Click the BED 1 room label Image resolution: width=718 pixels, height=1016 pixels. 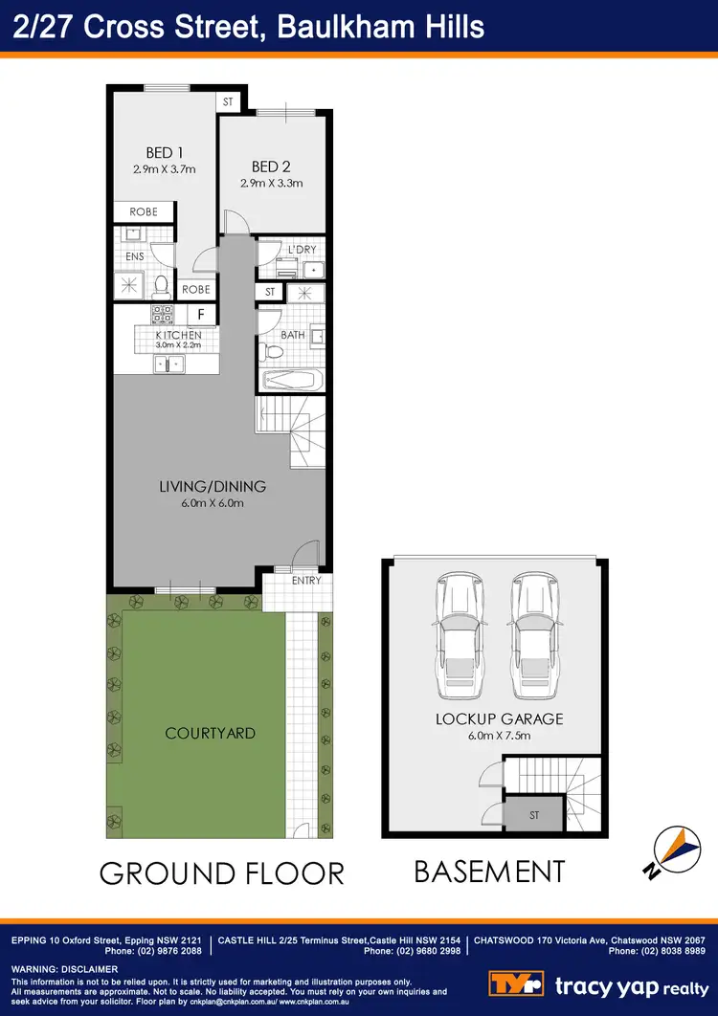165,153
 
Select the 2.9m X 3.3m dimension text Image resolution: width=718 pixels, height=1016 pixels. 271,183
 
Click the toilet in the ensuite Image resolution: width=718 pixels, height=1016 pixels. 161,285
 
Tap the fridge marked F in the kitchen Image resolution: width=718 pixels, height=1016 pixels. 201,313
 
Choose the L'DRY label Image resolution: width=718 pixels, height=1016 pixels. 302,251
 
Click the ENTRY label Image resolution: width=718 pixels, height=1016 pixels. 306,580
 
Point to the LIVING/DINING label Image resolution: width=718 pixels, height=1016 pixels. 213,487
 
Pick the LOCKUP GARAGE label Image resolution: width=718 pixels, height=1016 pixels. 499,718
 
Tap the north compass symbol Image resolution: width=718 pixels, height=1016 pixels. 669,850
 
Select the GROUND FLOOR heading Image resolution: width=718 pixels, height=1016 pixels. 221,873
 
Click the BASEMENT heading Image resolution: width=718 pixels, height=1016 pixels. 489,872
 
